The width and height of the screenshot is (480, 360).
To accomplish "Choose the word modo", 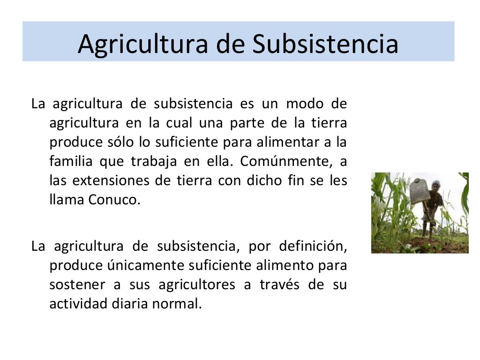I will pos(304,104).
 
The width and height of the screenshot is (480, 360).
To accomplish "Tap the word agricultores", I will pos(197,285).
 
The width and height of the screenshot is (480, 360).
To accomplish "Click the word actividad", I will pos(77,304).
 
